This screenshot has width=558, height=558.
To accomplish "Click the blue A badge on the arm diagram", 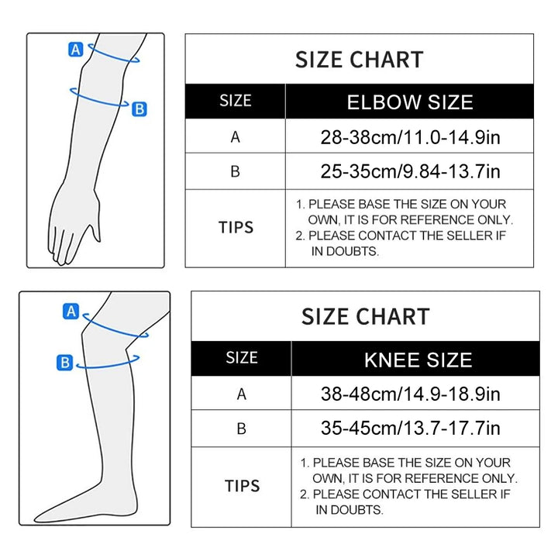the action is coord(75,50).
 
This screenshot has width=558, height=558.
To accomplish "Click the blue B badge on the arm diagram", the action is coord(139,109).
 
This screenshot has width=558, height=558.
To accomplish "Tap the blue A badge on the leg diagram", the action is coord(71,312).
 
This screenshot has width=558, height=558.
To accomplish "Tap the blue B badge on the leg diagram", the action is coord(65,363).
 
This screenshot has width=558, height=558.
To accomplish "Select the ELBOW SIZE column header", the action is coord(410,102).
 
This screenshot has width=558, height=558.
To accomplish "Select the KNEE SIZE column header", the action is coord(418,360).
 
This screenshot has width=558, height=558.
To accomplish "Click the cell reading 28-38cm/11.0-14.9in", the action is coord(410,137).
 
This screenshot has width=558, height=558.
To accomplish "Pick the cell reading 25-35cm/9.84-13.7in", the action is coord(410,171).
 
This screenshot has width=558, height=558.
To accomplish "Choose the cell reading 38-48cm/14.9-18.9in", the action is coord(410,394).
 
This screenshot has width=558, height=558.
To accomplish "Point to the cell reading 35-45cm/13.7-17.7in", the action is coord(410,428).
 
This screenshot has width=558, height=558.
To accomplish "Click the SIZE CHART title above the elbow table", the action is coord(360,60).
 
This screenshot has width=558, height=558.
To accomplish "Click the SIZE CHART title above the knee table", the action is coord(366,316).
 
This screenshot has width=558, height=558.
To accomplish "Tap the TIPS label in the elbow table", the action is coord(236,227).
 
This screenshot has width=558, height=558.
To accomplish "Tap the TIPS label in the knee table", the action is coord(242,486).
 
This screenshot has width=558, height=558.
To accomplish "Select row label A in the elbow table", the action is coord(236,137).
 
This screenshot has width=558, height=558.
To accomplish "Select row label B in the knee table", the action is coord(241,429).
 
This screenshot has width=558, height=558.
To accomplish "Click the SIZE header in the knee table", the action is coord(242,357).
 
